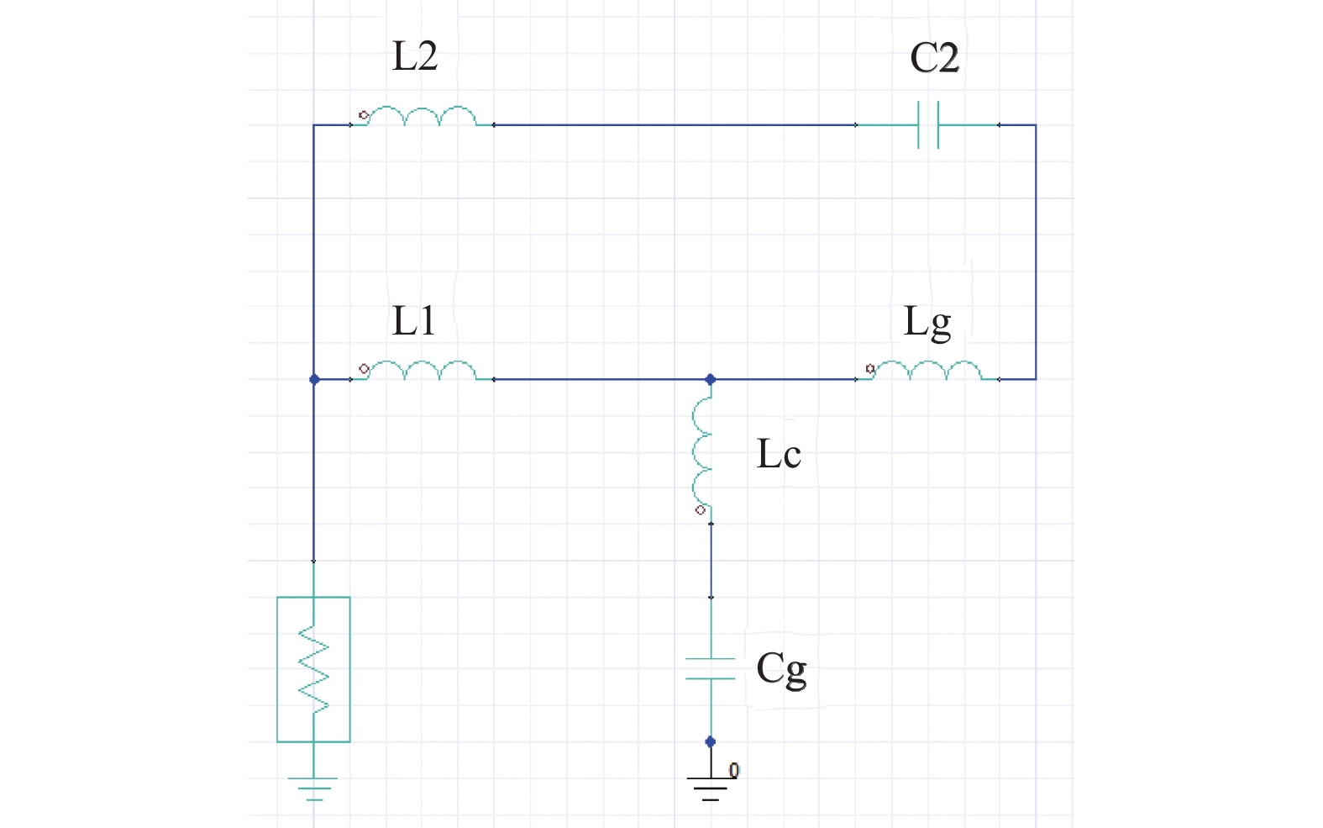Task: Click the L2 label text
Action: (x=415, y=56)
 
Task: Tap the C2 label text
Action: (x=934, y=58)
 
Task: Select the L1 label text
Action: (x=413, y=321)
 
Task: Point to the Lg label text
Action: (x=927, y=324)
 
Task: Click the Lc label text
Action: (x=779, y=454)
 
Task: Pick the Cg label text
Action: (x=781, y=670)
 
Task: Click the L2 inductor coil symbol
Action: (x=422, y=116)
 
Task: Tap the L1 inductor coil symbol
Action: (x=422, y=370)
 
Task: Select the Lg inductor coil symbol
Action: (x=927, y=370)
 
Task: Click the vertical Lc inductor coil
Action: (x=701, y=452)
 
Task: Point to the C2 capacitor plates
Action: (x=928, y=124)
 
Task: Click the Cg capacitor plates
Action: (x=711, y=668)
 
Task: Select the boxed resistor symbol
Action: (x=313, y=670)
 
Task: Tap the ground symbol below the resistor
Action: (x=313, y=789)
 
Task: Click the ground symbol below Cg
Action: (x=711, y=789)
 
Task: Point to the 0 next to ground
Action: (x=734, y=770)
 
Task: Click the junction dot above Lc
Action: (x=711, y=379)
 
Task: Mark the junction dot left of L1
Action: (x=314, y=379)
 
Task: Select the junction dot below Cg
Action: (x=711, y=741)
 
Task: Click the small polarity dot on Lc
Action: (x=701, y=510)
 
